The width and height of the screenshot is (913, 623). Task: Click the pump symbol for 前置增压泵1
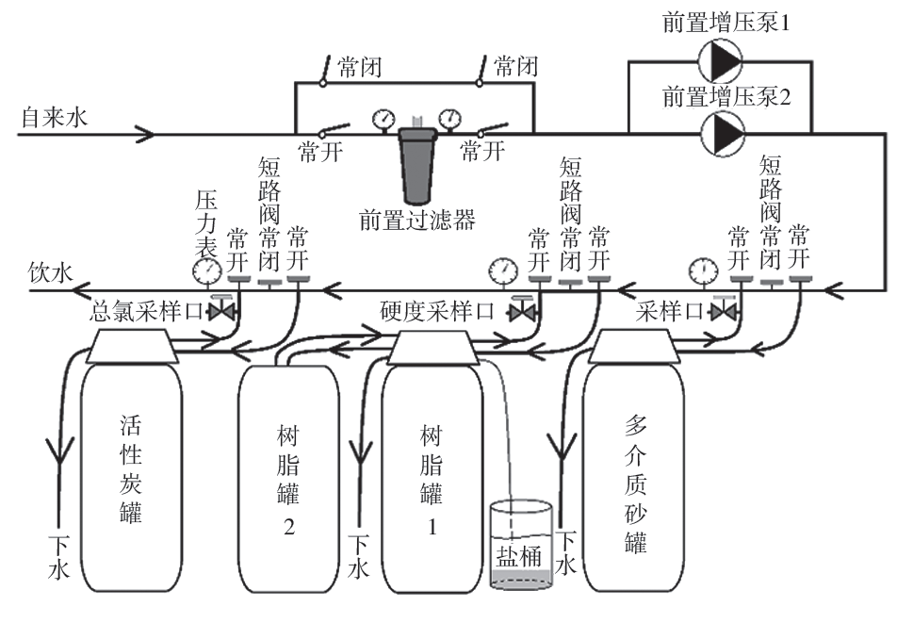coord(721,61)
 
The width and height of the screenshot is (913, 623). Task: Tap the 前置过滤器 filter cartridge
coord(415,166)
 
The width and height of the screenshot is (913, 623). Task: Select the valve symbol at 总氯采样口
coord(224,311)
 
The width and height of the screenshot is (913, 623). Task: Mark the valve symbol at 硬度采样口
coord(521,311)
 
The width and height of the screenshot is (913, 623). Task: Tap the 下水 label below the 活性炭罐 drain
coord(58,557)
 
